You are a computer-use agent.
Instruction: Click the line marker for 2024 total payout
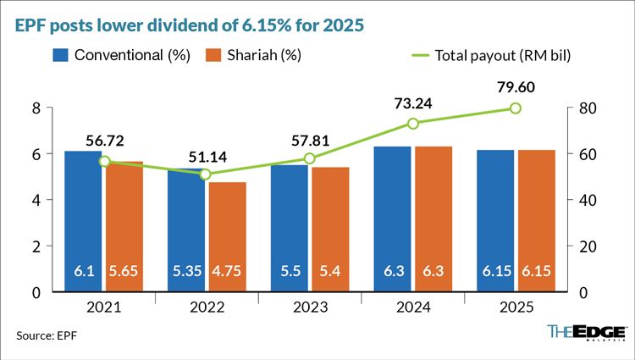point(413,124)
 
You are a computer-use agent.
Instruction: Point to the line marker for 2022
point(205,174)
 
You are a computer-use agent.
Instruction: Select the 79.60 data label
point(516,86)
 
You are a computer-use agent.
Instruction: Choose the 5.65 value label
point(125,272)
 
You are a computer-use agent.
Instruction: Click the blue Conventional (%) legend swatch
point(60,55)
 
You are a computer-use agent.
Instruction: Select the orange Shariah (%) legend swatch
point(214,55)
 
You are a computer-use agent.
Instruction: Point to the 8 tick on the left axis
point(36,108)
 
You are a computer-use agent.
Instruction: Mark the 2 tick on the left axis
point(36,246)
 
